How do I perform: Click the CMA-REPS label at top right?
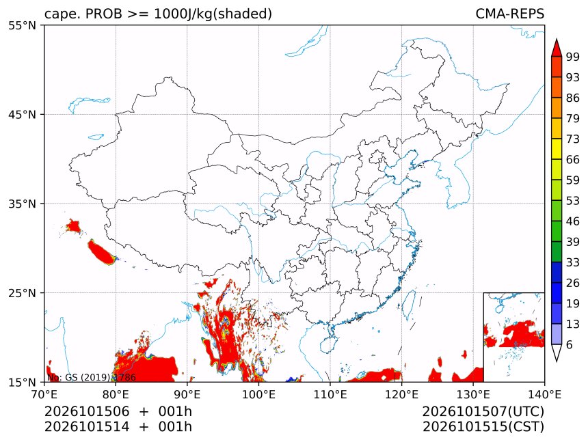[x=509, y=14]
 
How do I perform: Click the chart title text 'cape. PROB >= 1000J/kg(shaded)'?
[x=158, y=14]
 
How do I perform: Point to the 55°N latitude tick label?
[x=22, y=25]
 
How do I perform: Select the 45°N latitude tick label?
[x=22, y=114]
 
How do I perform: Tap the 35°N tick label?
[x=22, y=204]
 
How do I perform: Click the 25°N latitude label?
[x=22, y=293]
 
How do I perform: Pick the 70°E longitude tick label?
[x=44, y=394]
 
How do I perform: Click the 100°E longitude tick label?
[x=258, y=394]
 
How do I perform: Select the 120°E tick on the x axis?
[x=401, y=394]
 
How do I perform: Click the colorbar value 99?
[x=573, y=57]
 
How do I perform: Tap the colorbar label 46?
[x=573, y=221]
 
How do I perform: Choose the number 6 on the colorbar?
[x=570, y=344]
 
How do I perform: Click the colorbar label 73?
[x=573, y=139]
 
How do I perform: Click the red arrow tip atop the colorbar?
[x=557, y=39]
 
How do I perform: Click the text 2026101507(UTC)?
[x=483, y=412]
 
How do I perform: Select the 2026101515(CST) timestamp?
[x=483, y=427]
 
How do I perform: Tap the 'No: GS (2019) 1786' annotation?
[x=91, y=377]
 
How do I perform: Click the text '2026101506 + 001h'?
[x=118, y=411]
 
